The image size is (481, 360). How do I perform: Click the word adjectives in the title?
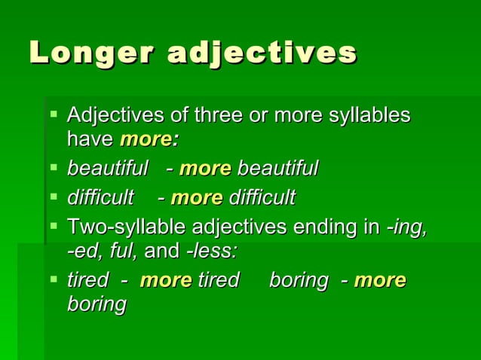tap(262, 53)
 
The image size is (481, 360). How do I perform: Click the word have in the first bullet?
tap(90, 139)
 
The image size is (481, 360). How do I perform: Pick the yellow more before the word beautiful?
tap(205, 168)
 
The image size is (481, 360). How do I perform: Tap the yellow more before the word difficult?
tap(197, 198)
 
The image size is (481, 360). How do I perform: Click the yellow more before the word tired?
tap(166, 281)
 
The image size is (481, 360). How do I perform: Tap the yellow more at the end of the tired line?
tap(380, 281)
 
